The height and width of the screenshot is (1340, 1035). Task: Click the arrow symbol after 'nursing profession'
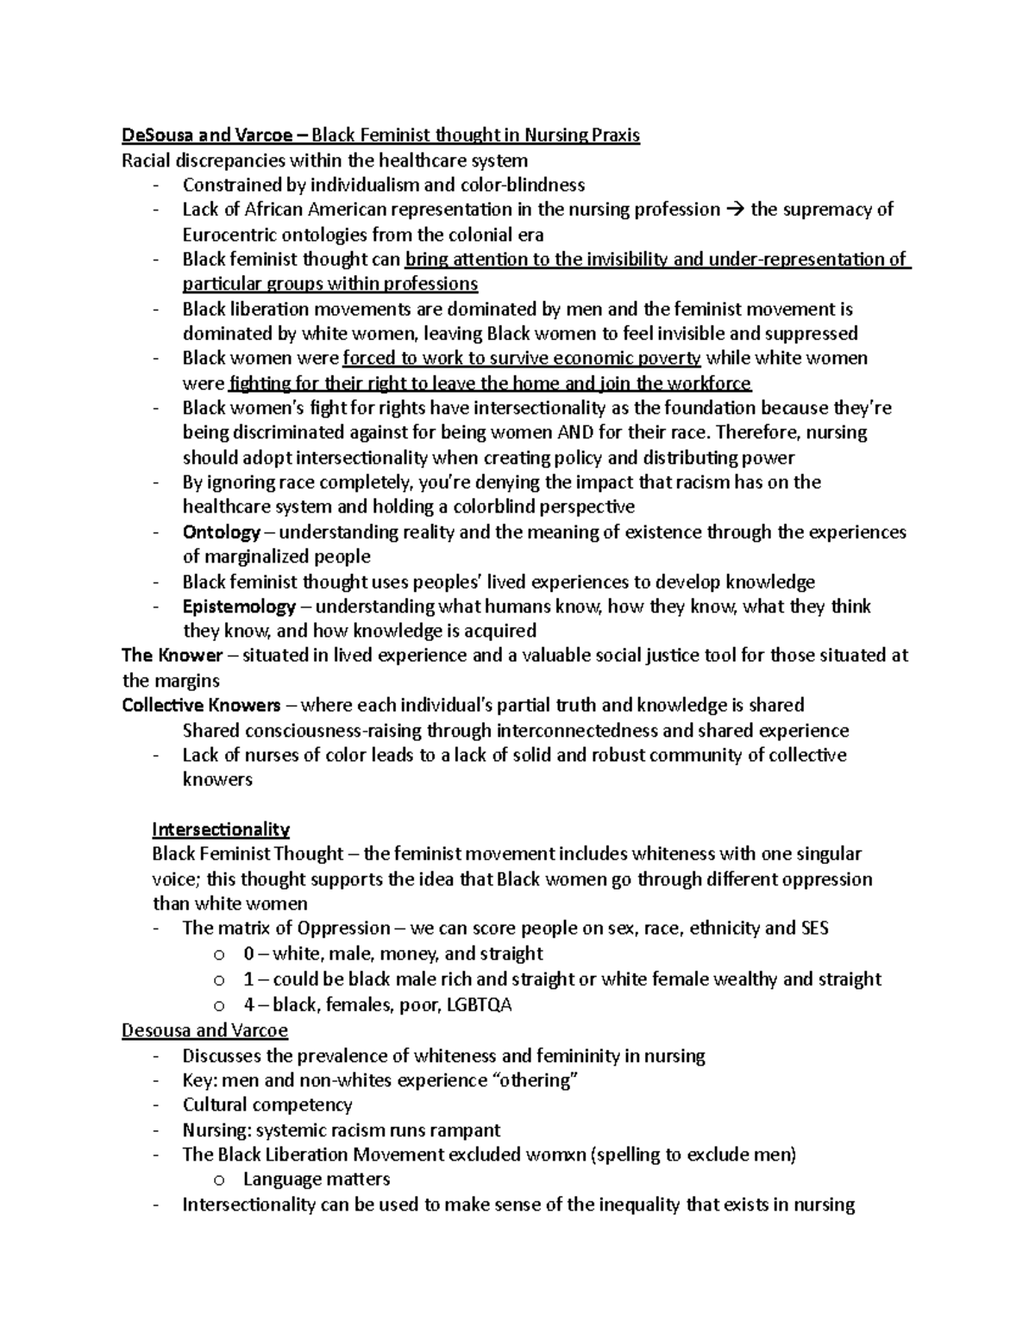click(x=735, y=210)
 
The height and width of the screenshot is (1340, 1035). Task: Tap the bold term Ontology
click(x=221, y=532)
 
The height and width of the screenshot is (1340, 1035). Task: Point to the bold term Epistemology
click(x=239, y=607)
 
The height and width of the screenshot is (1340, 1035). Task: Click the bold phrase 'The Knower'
click(x=172, y=656)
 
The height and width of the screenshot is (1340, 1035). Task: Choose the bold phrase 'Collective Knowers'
click(x=201, y=706)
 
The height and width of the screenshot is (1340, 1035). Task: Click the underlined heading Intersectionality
click(x=221, y=830)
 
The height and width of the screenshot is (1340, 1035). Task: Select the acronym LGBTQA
click(x=478, y=1005)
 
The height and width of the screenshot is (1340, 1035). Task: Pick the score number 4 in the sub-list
click(x=249, y=1005)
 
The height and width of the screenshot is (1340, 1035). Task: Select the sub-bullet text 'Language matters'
click(x=317, y=1180)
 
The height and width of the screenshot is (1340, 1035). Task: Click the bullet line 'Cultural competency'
click(x=267, y=1105)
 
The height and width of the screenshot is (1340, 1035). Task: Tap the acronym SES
click(x=815, y=929)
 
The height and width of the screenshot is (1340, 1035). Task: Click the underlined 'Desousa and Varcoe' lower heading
click(x=204, y=1030)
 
